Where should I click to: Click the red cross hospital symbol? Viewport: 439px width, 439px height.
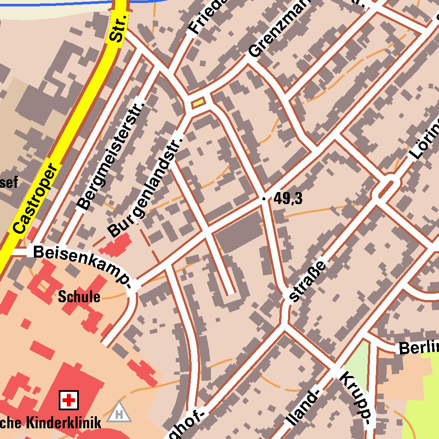[x=68, y=401]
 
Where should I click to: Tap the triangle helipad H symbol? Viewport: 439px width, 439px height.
[x=119, y=413]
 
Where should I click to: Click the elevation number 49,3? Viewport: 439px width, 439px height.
[x=288, y=198]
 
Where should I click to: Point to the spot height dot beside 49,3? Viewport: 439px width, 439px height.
[x=264, y=198]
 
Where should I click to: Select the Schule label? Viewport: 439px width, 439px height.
[x=79, y=297]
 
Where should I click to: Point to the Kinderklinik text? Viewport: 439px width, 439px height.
[x=64, y=422]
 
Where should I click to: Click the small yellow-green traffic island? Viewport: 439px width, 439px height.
[x=198, y=102]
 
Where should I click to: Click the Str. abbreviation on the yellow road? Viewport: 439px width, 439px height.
[x=117, y=28]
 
